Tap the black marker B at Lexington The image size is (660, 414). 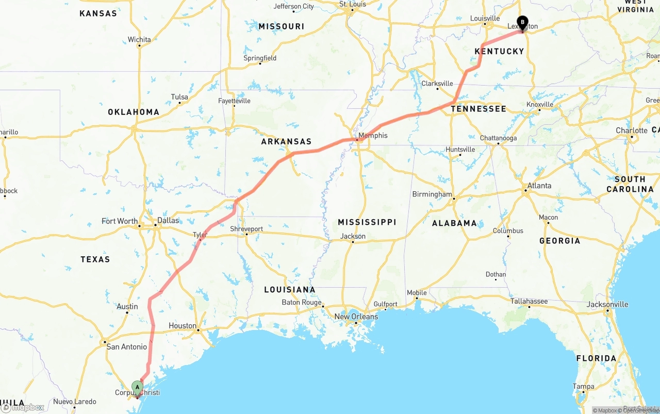click(522, 23)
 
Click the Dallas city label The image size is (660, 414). click(168, 221)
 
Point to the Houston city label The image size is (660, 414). click(183, 326)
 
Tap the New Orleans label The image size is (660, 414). click(356, 317)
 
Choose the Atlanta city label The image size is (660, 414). click(539, 186)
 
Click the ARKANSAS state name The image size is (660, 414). click(286, 141)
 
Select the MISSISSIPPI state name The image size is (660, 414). click(367, 222)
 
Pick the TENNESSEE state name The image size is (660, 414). click(478, 109)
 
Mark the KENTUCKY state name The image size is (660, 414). click(499, 51)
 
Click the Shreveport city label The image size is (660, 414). click(246, 229)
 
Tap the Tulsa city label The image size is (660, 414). click(179, 97)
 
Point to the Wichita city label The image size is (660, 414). click(139, 40)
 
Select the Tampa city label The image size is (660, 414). click(583, 387)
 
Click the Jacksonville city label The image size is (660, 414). click(607, 304)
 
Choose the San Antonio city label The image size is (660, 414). click(126, 347)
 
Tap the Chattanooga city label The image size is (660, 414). click(498, 138)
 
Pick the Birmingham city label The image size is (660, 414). click(432, 194)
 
